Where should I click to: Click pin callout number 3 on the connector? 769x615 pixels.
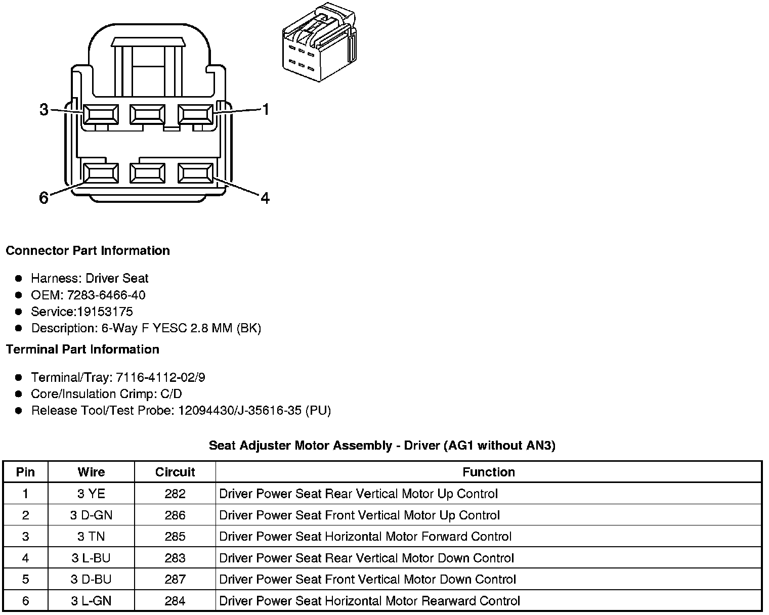pos(44,109)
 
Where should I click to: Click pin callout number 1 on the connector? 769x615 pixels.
pos(265,109)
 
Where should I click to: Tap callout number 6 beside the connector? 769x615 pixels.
pos(44,198)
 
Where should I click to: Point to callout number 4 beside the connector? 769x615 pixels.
pos(265,198)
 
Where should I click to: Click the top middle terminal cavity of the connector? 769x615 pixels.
pos(147,114)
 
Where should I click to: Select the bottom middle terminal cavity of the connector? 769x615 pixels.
pos(147,173)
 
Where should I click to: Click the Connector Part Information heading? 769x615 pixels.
pos(88,251)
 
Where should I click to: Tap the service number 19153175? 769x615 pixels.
pos(105,312)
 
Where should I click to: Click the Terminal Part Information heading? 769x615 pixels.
pos(82,349)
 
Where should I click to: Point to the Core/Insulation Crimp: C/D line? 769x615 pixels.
pos(106,394)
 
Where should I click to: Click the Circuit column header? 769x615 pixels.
pos(175,472)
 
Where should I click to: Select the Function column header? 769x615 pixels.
pos(488,472)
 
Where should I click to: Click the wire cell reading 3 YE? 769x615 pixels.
pos(91,494)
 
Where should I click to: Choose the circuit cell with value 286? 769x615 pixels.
pos(175,515)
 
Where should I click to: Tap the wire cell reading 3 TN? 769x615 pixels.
pos(91,537)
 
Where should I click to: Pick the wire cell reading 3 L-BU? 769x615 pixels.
pos(91,558)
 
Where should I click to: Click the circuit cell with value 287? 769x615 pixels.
pos(175,580)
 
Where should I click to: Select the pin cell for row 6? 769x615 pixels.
pos(25,601)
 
